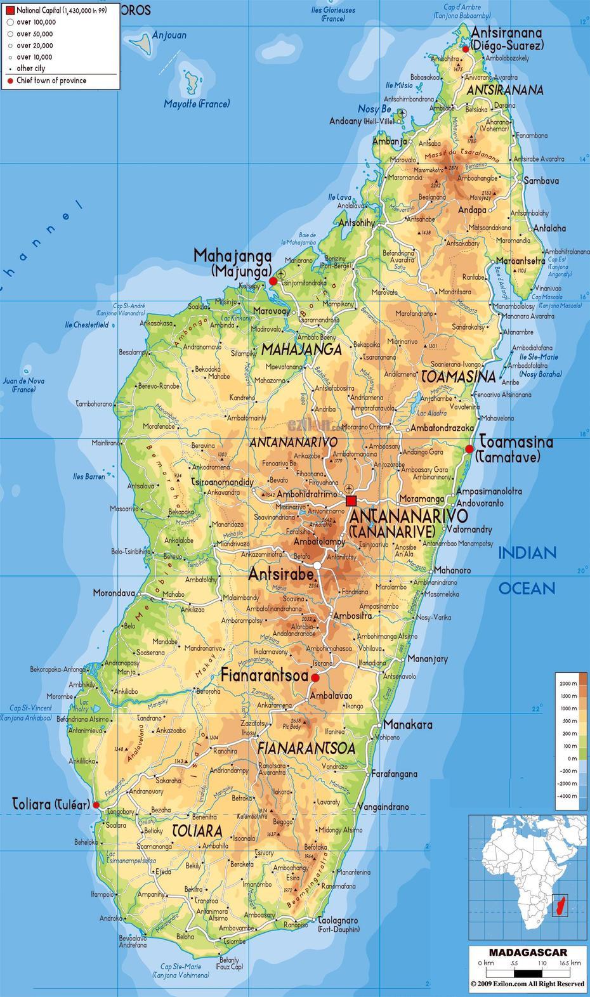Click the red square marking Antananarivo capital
coord(351,501)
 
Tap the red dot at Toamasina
coord(469,448)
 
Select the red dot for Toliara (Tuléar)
coord(96,805)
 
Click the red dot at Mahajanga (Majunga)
coord(273,280)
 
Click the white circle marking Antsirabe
coord(317,564)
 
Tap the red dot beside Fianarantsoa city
coord(315,677)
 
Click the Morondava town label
coord(114,594)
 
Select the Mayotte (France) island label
coord(197,104)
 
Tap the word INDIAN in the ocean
coord(527,553)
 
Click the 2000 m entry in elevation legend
coord(568,683)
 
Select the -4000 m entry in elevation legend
coord(568,795)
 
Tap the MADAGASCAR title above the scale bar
coord(528,952)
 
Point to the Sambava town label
coord(541,181)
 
